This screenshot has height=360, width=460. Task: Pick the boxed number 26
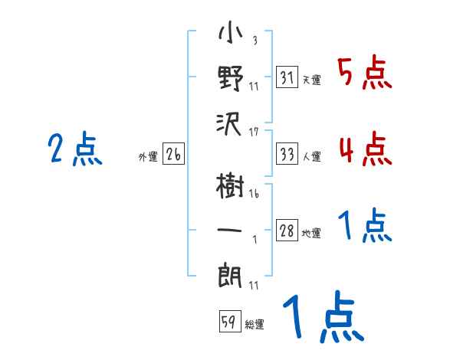[173, 155]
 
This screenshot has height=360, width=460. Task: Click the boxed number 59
[228, 322]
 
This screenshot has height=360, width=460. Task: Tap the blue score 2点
[74, 150]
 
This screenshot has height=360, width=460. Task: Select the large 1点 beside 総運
[322, 319]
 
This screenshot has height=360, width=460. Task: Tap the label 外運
[148, 157]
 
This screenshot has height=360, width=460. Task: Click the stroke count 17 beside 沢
[254, 133]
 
